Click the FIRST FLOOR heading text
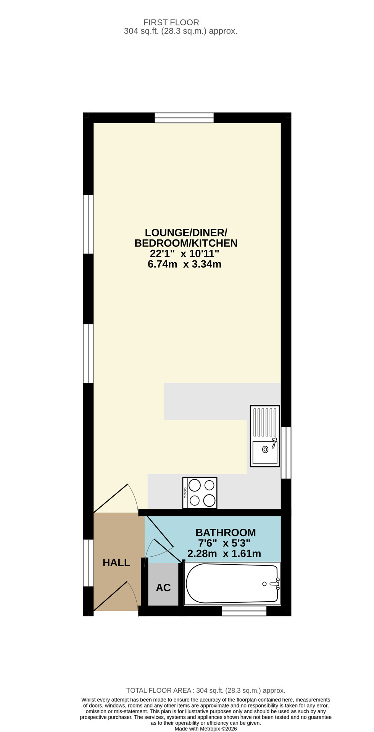(x=171, y=22)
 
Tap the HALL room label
(x=116, y=563)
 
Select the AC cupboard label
(x=163, y=588)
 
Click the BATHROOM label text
(x=226, y=533)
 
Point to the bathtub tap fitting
(x=275, y=584)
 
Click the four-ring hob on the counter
(x=200, y=493)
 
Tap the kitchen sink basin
(x=265, y=453)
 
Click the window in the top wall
(x=184, y=117)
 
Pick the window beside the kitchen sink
(x=286, y=453)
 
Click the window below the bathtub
(x=244, y=611)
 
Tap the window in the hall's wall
(x=88, y=563)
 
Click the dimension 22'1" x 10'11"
(x=184, y=254)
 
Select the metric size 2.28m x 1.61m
(x=224, y=554)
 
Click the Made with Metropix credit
(x=206, y=729)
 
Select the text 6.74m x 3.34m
(x=184, y=264)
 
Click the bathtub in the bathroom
(x=232, y=584)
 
